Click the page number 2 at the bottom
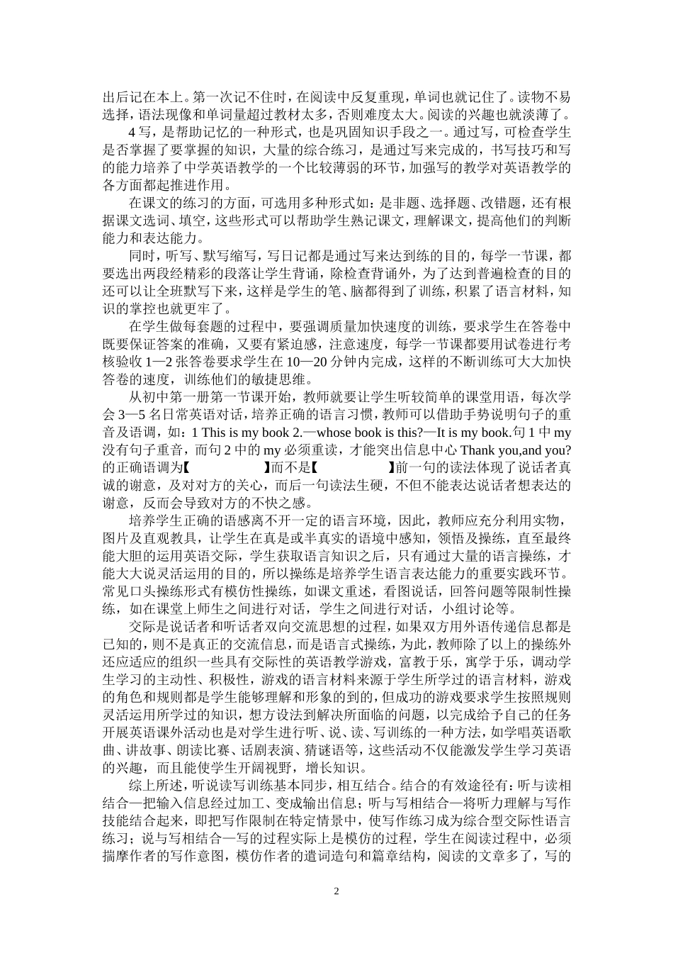(336, 891)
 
